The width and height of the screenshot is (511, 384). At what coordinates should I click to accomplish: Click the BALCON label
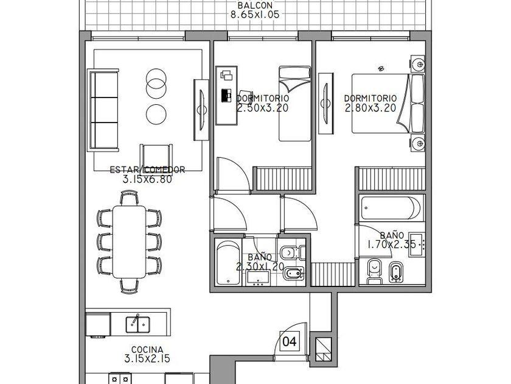coord(255,5)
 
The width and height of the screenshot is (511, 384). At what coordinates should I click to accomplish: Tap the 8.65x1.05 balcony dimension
coord(255,15)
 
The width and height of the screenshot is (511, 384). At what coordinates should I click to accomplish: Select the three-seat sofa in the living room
coord(103,110)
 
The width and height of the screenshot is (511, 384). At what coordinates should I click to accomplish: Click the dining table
coord(130,241)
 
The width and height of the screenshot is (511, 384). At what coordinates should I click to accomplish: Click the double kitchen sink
coord(138,324)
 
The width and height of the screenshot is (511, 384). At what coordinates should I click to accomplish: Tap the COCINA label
coord(147,350)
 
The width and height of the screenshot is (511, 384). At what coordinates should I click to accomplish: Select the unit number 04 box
coord(290,341)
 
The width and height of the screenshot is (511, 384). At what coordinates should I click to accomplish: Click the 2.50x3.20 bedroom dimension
coord(263,108)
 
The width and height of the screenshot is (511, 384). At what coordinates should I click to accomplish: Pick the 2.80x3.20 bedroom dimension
coord(370,108)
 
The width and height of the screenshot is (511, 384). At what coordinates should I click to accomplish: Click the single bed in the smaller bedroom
coord(294,104)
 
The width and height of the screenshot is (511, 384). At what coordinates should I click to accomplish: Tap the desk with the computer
coord(226,95)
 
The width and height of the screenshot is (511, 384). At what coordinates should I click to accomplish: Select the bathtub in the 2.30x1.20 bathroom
coord(229,263)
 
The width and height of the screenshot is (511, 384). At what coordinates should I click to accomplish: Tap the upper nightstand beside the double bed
coord(417,63)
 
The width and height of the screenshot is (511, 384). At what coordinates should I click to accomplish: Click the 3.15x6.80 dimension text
coord(147,179)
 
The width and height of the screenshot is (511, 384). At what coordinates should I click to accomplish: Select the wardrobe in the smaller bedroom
coord(282,179)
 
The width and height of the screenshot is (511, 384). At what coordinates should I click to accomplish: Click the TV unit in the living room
coord(201,110)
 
